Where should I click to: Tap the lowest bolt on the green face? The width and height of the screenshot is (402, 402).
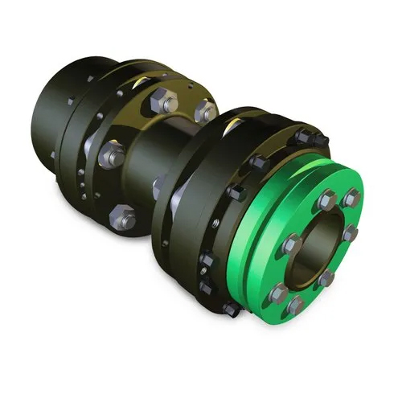point(297,303)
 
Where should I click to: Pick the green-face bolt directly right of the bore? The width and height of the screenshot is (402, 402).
point(351,234)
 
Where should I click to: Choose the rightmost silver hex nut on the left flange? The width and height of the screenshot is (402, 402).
point(204,108)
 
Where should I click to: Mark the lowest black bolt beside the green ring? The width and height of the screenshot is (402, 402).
point(229,309)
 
